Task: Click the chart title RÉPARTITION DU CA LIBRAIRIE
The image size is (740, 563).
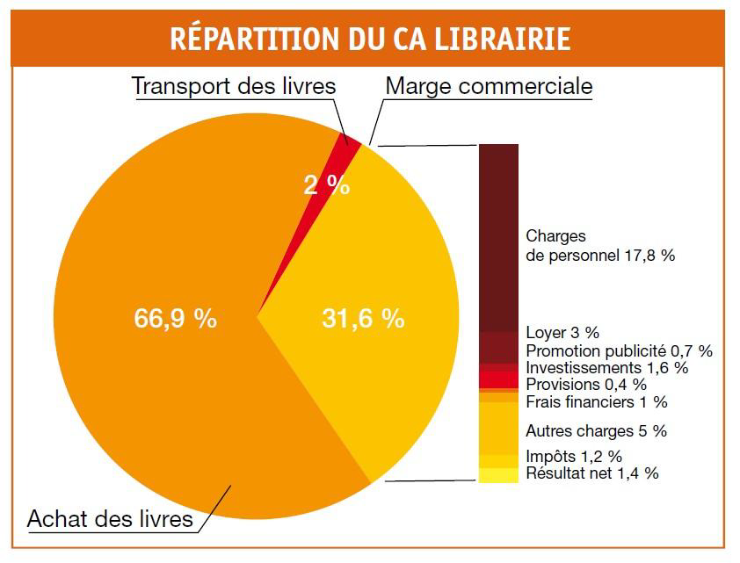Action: click(x=369, y=40)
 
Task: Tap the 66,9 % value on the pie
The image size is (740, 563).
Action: click(x=175, y=319)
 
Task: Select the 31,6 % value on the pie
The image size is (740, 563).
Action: click(x=363, y=319)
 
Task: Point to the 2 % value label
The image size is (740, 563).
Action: click(x=327, y=185)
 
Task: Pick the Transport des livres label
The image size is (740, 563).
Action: click(x=234, y=87)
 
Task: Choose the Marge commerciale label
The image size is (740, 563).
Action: click(x=489, y=87)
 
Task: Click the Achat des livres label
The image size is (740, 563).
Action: click(x=110, y=518)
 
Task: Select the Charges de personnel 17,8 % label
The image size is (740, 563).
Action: click(x=599, y=246)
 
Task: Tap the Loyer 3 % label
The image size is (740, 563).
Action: click(x=562, y=333)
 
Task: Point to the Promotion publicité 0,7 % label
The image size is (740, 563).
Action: click(x=619, y=350)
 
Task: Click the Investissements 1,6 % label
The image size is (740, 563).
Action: click(x=606, y=367)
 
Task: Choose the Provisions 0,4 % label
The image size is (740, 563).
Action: click(x=585, y=385)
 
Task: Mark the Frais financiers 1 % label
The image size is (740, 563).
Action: click(x=596, y=402)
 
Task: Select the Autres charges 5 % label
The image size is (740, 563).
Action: click(x=596, y=431)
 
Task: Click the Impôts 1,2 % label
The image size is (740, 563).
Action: click(x=573, y=457)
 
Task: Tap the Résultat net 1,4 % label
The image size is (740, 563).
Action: click(x=591, y=473)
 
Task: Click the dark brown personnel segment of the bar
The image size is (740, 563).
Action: click(x=498, y=237)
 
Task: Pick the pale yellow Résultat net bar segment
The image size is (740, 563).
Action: click(x=498, y=475)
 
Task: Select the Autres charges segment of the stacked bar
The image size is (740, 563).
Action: click(x=498, y=428)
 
